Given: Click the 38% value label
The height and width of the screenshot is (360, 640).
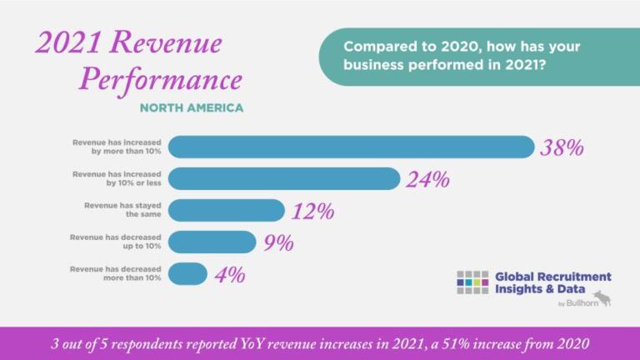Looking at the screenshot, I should click(562, 148).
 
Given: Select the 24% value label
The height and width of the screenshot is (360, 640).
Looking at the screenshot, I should click(427, 180).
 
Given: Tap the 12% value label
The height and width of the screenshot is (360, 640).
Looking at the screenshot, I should click(312, 212).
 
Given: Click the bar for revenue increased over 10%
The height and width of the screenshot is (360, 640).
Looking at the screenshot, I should click(350, 147).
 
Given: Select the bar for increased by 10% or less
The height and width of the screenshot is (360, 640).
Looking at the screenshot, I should click(284, 178).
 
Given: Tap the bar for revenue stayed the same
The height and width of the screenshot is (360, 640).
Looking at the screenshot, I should click(226, 210).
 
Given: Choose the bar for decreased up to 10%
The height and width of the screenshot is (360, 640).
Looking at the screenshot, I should click(212, 242).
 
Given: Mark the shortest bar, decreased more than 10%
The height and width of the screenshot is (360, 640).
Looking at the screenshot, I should click(187, 273).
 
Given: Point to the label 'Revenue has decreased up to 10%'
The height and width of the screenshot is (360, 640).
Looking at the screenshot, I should click(116, 242).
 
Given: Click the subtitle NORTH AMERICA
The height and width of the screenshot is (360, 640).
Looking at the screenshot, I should click(192, 107).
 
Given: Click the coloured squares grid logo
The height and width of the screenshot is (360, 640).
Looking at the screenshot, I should click(472, 282).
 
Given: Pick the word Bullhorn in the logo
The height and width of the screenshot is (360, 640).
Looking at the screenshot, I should click(575, 303).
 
